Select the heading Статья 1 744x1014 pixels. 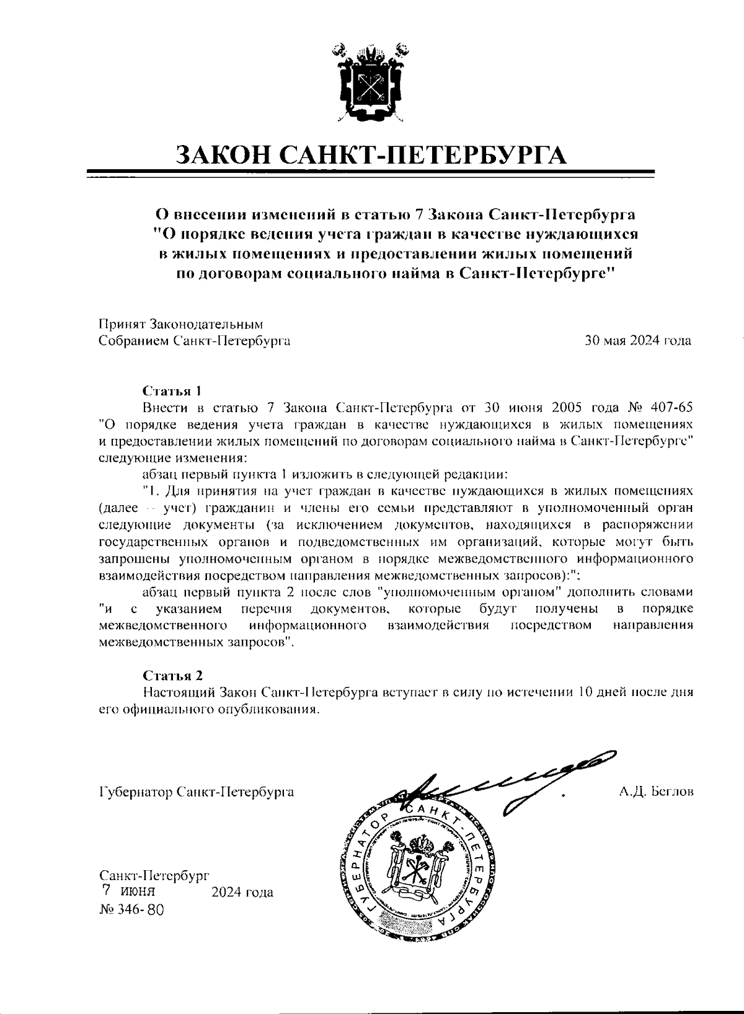[x=172, y=392]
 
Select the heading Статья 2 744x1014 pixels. [x=172, y=676]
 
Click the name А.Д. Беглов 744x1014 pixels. [x=655, y=792]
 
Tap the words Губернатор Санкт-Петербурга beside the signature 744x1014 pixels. [x=197, y=793]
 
